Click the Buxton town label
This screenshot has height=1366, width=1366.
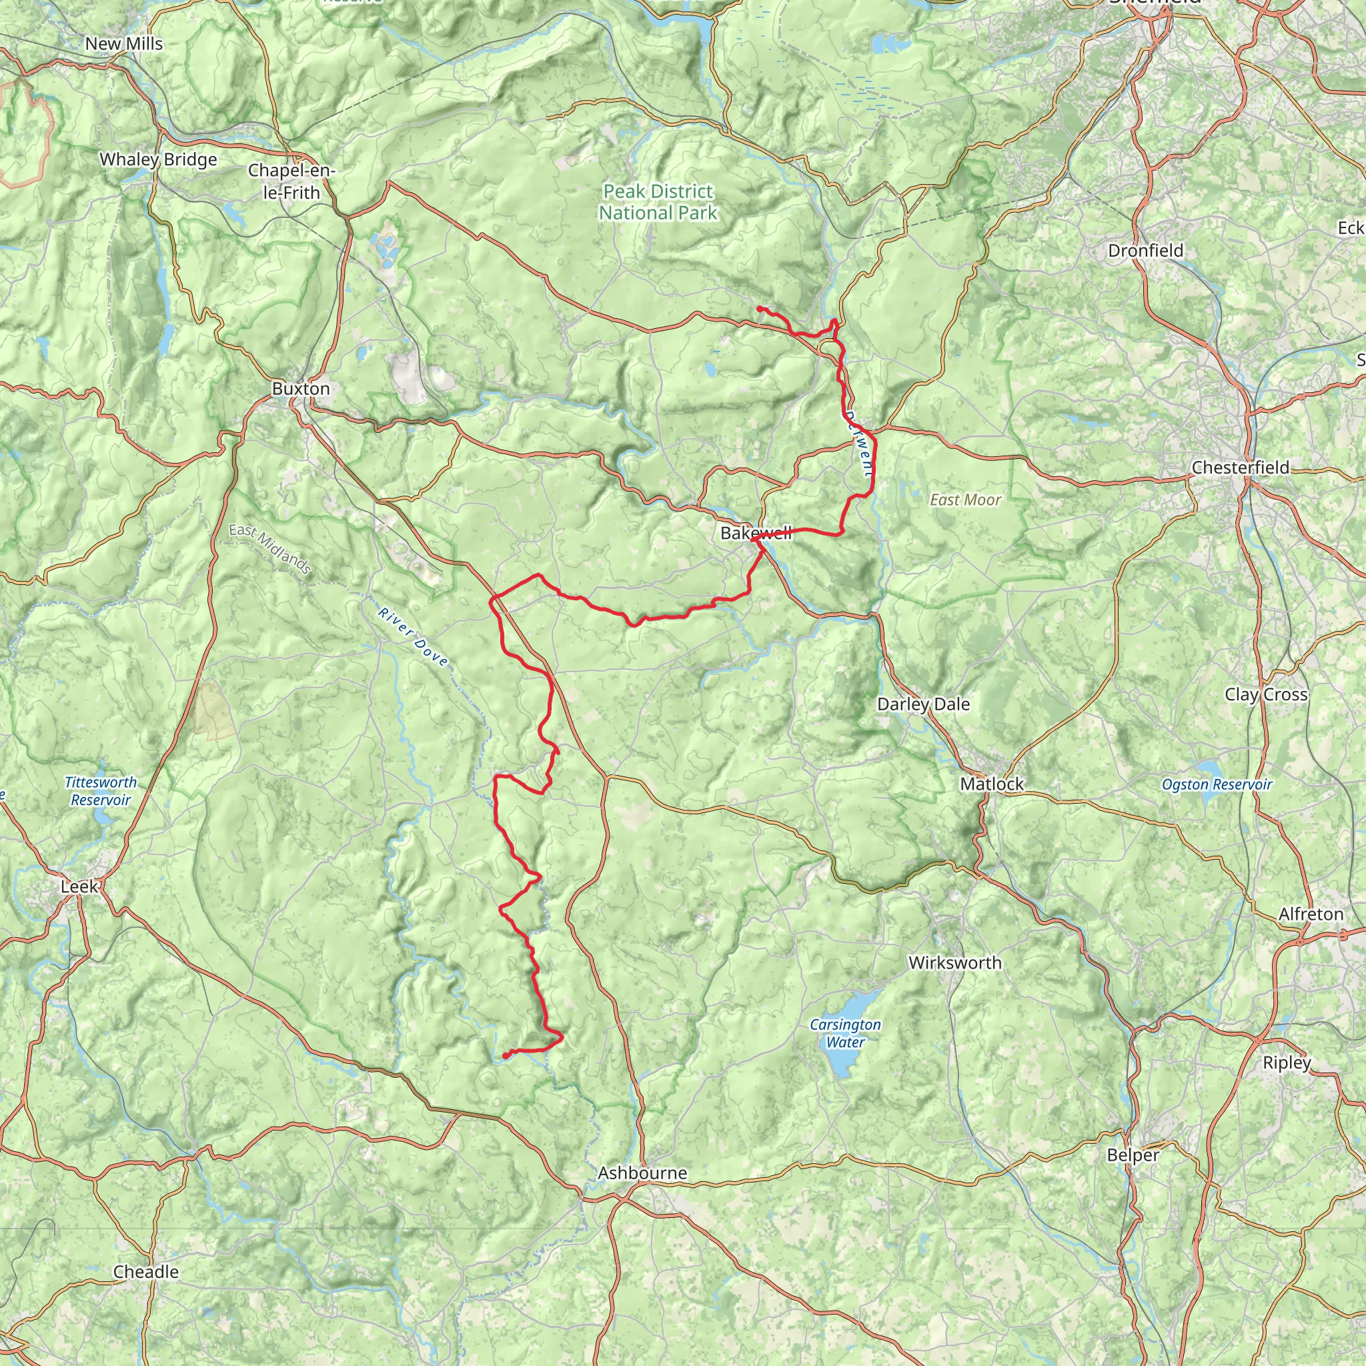[x=301, y=389]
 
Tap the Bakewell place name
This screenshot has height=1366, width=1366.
[x=755, y=533]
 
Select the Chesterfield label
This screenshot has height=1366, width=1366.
[x=1240, y=468]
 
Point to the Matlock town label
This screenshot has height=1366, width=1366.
[x=991, y=784]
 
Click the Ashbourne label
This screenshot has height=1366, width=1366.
[x=642, y=1173]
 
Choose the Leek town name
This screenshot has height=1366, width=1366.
[x=79, y=886]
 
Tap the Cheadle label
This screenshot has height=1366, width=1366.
[x=145, y=1271]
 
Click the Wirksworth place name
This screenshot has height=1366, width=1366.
[x=954, y=962]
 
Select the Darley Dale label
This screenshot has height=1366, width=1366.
[x=922, y=704]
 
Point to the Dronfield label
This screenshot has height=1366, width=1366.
[x=1145, y=251]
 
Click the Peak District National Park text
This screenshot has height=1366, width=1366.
[x=658, y=202]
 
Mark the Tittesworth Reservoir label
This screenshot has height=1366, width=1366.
[x=101, y=791]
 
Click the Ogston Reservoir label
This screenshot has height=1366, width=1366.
[x=1216, y=784]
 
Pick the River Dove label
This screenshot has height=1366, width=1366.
[x=413, y=637]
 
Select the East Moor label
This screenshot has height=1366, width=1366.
[x=965, y=500]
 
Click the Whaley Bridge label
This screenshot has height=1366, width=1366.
[x=158, y=159]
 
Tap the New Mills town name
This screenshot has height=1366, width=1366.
[x=124, y=44]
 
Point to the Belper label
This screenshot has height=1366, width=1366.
[x=1133, y=1155]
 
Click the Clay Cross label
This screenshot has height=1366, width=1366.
[x=1265, y=694]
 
